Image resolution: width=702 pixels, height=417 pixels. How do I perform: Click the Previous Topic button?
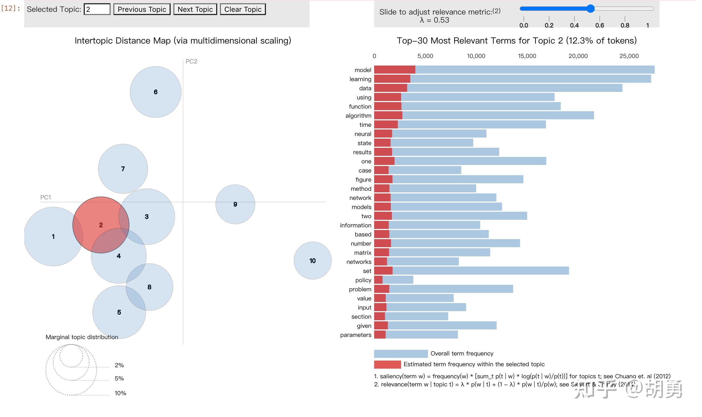point(142,9)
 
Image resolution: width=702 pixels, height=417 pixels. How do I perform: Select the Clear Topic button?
point(242,9)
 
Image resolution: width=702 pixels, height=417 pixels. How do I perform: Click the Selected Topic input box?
point(97,9)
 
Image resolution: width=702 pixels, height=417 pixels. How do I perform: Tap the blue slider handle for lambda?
point(590,9)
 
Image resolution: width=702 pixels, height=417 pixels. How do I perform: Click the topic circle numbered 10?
point(312,260)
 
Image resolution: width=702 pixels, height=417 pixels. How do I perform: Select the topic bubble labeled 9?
point(235,204)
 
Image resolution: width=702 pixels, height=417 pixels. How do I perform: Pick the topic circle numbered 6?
point(155,92)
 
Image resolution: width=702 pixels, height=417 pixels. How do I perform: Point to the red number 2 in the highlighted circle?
point(101,225)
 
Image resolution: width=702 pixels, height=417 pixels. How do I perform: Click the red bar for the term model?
point(394,70)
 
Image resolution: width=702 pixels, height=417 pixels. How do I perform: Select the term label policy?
point(363,280)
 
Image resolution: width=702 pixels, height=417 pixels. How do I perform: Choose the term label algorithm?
point(358,116)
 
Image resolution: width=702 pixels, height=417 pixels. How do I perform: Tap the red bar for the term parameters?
point(380,335)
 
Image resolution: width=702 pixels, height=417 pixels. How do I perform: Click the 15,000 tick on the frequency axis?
point(527,56)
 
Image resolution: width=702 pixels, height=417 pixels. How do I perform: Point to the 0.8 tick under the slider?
point(624,25)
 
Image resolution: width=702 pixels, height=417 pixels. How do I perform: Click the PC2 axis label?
point(191,61)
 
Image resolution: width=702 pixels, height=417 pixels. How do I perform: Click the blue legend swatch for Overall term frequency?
point(401,354)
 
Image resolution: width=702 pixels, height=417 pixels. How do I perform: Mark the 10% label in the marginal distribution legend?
point(120,393)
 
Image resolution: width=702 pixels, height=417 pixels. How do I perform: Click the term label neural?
point(363,134)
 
